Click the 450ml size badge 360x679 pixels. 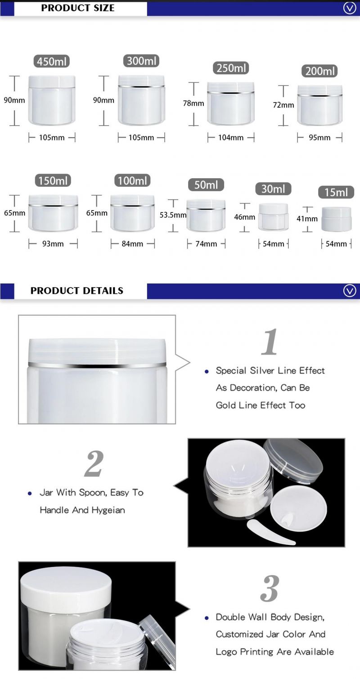51,62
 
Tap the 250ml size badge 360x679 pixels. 231,68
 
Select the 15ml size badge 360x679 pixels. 336,192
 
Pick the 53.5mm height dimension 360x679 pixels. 173,215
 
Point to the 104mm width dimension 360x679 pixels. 231,138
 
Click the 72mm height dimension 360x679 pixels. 283,105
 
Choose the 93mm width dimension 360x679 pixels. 53,244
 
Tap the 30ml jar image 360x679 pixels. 273,217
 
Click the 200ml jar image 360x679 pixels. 319,105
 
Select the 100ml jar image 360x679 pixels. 132,213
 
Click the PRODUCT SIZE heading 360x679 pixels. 78,8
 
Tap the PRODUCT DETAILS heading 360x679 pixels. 77,291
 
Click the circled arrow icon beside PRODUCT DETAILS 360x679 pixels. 349,291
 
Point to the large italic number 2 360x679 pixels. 94,463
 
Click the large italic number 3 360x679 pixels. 270,589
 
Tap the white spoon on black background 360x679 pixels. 270,532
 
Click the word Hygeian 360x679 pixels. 108,510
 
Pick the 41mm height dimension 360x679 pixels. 307,219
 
